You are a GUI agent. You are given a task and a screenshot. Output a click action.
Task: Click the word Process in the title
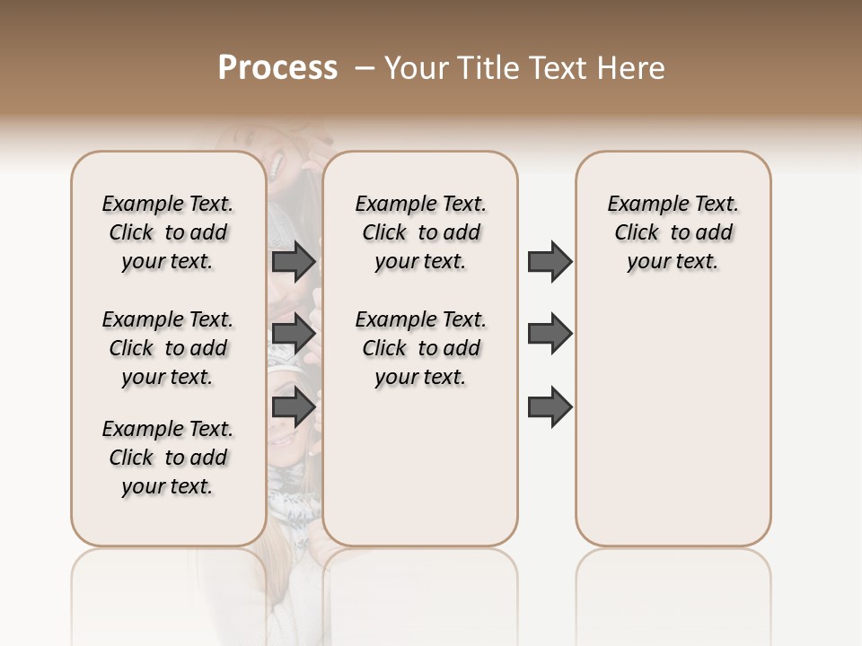pos(277,68)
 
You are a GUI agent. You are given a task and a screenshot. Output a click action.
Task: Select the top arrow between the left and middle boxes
pos(294,262)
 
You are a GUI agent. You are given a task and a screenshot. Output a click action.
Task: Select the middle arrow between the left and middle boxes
pos(294,334)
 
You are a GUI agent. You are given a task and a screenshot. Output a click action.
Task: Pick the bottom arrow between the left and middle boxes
pos(294,407)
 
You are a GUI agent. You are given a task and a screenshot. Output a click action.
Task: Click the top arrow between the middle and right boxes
pos(550,262)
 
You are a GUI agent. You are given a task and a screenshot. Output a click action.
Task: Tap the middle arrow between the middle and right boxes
pos(550,334)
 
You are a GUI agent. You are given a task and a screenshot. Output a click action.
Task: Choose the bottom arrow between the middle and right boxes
pos(550,407)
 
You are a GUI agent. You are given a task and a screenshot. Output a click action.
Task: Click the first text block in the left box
pos(168,232)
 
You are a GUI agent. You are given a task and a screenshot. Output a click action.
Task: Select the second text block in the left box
pos(168,348)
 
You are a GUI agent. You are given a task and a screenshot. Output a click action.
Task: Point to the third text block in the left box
pos(168,458)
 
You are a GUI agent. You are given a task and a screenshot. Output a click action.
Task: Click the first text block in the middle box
pos(420,232)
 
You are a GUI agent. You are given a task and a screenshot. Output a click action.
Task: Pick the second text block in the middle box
pos(420,348)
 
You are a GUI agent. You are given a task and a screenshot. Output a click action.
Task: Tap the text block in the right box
pos(673,232)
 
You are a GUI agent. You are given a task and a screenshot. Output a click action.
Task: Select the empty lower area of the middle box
pos(420,467)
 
